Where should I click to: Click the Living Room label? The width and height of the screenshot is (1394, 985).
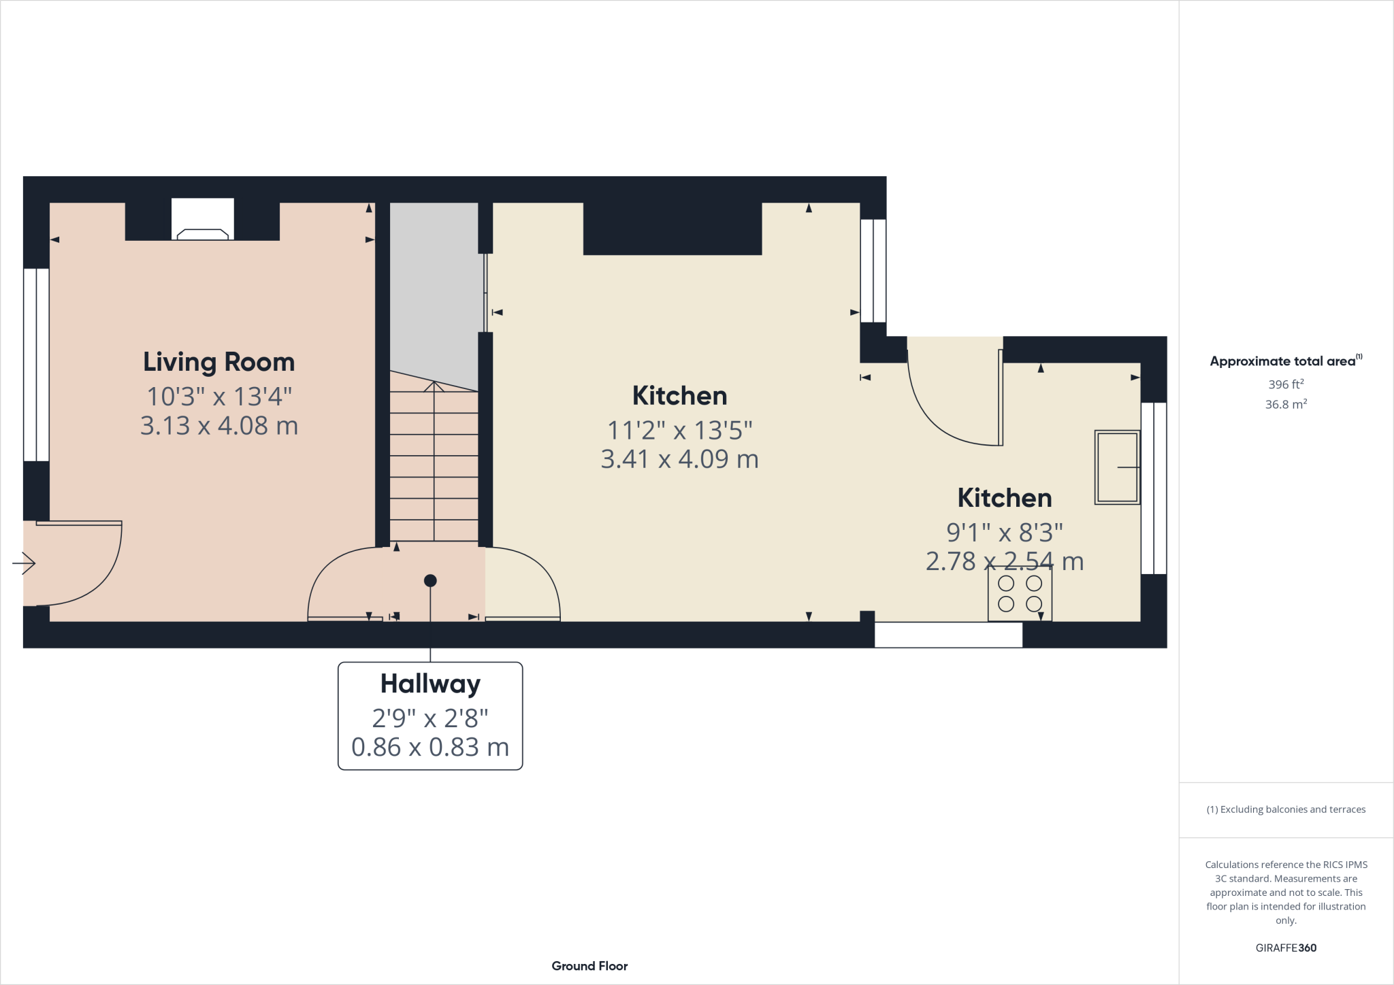click(x=218, y=362)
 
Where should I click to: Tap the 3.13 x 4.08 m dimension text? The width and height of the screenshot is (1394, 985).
click(x=218, y=426)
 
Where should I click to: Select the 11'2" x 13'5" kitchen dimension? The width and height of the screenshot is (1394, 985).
click(x=679, y=430)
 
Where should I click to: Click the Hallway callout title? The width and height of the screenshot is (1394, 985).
click(x=430, y=684)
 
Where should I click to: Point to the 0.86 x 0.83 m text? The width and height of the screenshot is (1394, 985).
click(x=430, y=747)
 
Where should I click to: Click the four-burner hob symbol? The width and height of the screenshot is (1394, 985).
click(x=1020, y=593)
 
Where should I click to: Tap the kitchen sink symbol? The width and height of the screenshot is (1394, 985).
click(x=1117, y=467)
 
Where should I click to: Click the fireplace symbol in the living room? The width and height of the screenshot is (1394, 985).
click(x=203, y=233)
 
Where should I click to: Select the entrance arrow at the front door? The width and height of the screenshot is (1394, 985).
click(x=25, y=563)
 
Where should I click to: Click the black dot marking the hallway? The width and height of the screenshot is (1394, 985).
click(x=430, y=581)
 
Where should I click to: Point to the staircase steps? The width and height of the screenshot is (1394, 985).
click(x=434, y=469)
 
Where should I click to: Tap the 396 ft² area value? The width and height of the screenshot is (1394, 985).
click(x=1286, y=384)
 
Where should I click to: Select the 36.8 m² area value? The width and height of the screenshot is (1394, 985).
click(x=1286, y=404)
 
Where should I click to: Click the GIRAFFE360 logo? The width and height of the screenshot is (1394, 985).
click(x=1286, y=948)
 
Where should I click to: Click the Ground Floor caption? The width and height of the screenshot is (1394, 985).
click(x=589, y=966)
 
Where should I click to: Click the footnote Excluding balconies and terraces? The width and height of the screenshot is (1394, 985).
click(x=1286, y=809)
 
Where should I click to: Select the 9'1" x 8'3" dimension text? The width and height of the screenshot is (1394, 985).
click(x=1005, y=532)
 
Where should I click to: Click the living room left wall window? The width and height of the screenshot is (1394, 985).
click(x=36, y=365)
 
